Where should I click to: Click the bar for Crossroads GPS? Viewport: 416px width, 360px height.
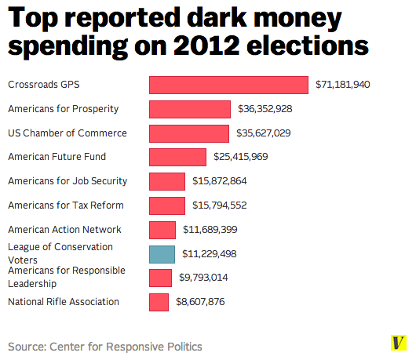[x=228, y=85]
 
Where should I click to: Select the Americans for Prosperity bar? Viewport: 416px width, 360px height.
[x=189, y=109]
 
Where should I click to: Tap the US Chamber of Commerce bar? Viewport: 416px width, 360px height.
[x=188, y=133]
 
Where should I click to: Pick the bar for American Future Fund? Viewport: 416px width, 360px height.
[x=177, y=157]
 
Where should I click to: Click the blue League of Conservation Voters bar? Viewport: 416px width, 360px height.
[x=162, y=254]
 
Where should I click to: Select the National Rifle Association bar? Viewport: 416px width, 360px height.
[x=159, y=302]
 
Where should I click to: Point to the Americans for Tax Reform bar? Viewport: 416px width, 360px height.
[x=167, y=205]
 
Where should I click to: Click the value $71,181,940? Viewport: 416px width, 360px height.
[x=342, y=85]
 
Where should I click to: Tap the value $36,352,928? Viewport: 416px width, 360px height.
[x=265, y=109]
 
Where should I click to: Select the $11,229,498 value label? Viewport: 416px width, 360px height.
[x=210, y=254]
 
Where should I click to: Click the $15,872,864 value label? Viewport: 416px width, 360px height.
[x=220, y=181]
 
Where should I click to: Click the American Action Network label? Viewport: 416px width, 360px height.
[x=64, y=230]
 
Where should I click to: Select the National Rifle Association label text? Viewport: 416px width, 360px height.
[x=64, y=302]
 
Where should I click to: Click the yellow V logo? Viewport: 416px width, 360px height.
[x=398, y=344]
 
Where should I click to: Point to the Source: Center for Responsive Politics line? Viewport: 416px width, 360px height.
[x=105, y=346]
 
